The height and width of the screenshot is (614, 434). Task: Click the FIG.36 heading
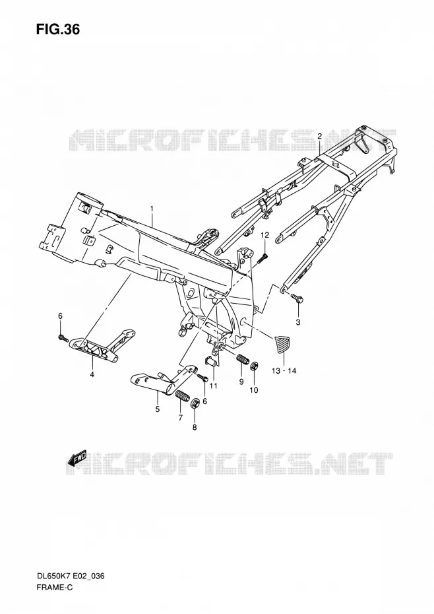click(x=58, y=29)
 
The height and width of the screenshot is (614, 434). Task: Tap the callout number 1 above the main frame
click(x=152, y=209)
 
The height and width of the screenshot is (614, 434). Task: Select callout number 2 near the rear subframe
click(x=319, y=137)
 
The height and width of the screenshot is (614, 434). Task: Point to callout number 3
click(x=298, y=323)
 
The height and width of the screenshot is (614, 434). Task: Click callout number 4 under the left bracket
click(x=92, y=375)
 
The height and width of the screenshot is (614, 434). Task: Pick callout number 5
click(x=158, y=409)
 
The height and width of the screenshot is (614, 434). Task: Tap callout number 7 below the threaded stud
click(x=181, y=418)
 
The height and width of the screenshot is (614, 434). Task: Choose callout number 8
click(x=195, y=428)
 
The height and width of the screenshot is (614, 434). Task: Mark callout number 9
click(x=241, y=382)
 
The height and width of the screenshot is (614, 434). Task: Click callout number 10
click(x=253, y=390)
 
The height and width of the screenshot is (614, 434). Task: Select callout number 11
click(x=213, y=386)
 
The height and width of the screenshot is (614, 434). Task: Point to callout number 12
click(x=265, y=235)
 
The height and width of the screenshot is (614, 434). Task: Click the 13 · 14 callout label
click(x=284, y=370)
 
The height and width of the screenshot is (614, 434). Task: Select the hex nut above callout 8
click(x=195, y=403)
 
